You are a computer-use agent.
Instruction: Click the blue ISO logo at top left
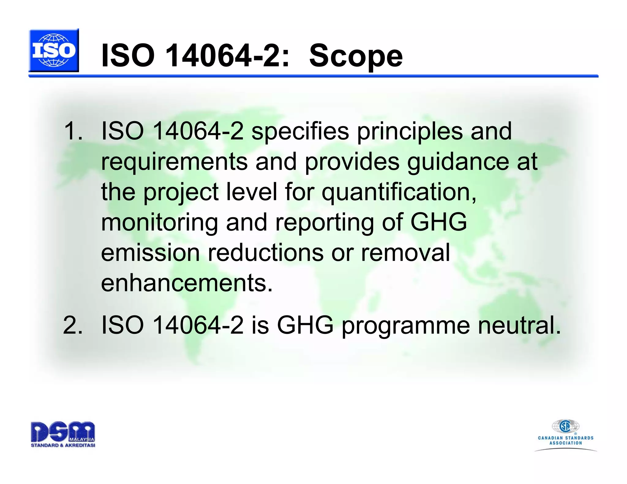pyautogui.click(x=54, y=50)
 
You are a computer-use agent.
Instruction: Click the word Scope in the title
pyautogui.click(x=356, y=56)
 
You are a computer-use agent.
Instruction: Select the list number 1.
pyautogui.click(x=73, y=131)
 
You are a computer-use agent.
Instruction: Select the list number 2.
pyautogui.click(x=73, y=325)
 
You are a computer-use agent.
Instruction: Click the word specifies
pyautogui.click(x=300, y=132)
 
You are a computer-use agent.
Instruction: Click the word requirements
pyautogui.click(x=174, y=162)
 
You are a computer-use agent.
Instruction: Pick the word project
pyautogui.click(x=181, y=193)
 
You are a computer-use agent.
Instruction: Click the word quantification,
pyautogui.click(x=399, y=193)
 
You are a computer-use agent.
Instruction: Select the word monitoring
pyautogui.click(x=159, y=223)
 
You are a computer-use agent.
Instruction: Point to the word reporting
pyautogui.click(x=324, y=223)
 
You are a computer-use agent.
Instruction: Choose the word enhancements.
pyautogui.click(x=186, y=283)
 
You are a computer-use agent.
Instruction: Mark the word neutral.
pyautogui.click(x=519, y=325)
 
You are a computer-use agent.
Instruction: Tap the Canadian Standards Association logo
pyautogui.click(x=565, y=434)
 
